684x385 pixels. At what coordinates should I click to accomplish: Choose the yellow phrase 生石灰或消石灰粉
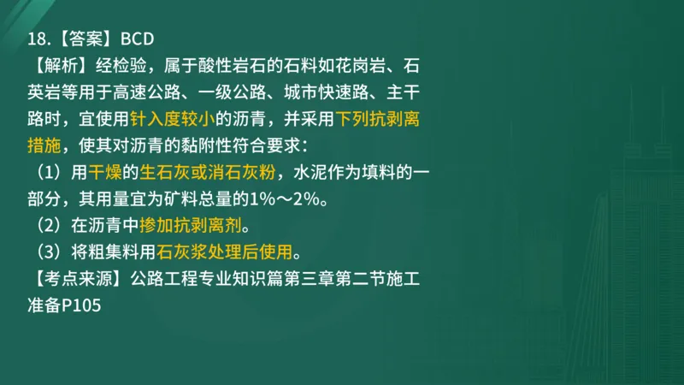[208, 171]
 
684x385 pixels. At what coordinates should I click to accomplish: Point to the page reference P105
[81, 305]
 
